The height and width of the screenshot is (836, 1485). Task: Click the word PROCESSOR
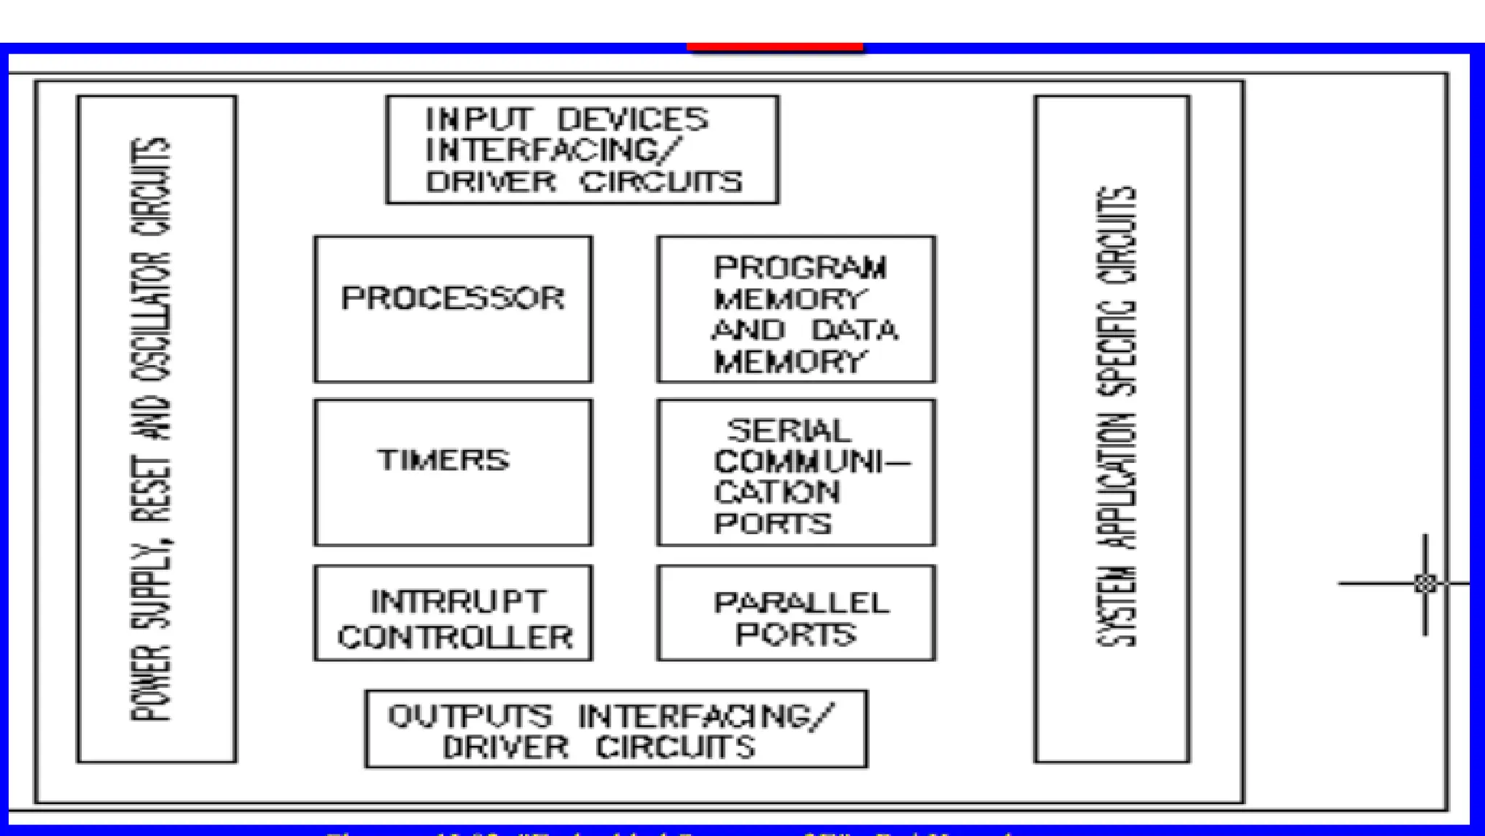[452, 298]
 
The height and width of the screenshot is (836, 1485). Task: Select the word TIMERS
[443, 460]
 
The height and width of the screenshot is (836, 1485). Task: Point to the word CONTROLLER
[455, 637]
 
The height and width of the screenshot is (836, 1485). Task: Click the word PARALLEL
[801, 603]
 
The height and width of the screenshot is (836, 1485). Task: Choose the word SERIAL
[788, 431]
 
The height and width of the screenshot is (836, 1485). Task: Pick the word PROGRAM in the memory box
[800, 268]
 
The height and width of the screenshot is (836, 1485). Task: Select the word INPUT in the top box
[479, 119]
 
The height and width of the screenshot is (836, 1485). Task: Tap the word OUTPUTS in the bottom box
[470, 716]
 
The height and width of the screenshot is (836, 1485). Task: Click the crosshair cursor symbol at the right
[1425, 583]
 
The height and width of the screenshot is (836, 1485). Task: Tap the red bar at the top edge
[774, 47]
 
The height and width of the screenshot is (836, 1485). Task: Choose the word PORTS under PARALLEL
[795, 634]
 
